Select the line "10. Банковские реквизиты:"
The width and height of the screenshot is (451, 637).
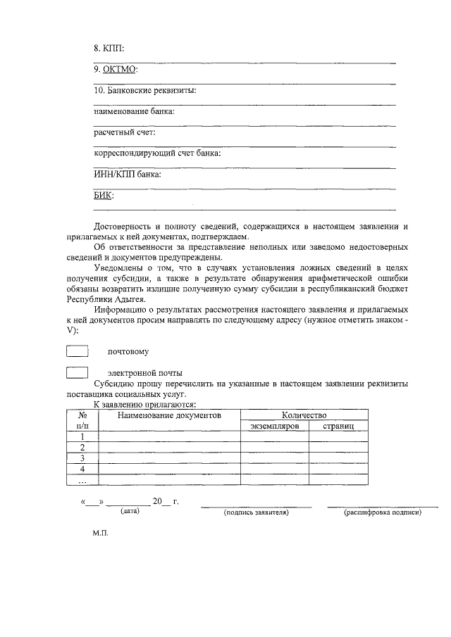tap(144, 90)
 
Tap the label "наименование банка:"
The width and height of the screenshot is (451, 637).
tap(134, 111)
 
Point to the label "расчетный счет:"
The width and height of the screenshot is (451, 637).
tap(124, 132)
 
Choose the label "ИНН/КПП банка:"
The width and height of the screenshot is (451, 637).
tap(127, 174)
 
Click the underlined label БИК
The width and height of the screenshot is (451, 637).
tap(103, 195)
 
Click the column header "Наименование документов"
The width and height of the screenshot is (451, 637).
tap(169, 416)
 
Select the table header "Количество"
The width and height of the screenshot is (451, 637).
tap(304, 416)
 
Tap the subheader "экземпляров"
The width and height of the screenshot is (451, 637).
tap(275, 427)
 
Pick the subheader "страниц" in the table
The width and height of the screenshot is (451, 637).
tap(338, 427)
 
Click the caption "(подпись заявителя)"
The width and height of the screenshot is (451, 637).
tap(257, 512)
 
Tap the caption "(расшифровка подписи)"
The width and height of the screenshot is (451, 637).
tap(382, 512)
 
